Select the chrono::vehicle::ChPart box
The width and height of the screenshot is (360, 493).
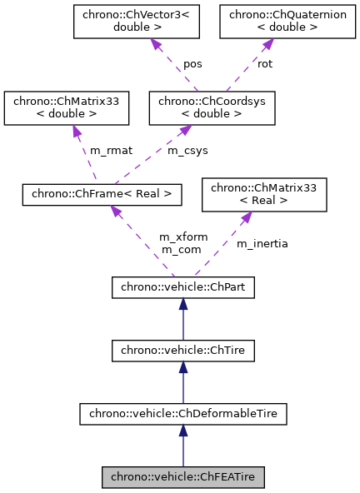[x=183, y=288]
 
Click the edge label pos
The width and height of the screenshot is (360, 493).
[x=193, y=63]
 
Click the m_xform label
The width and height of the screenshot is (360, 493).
[x=180, y=237]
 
